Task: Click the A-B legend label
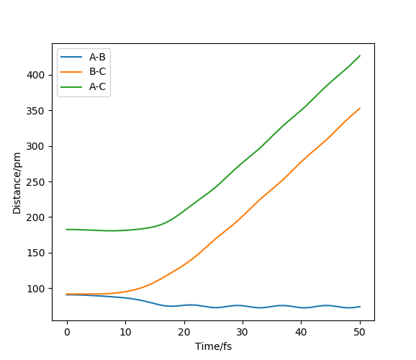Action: [x=97, y=57]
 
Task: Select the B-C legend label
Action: [x=97, y=71]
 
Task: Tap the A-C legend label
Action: [x=97, y=86]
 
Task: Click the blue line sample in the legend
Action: [x=71, y=57]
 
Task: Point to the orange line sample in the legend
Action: [x=71, y=72]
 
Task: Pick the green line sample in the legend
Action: [x=71, y=86]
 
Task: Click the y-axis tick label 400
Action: [x=35, y=75]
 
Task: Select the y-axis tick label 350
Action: [x=35, y=111]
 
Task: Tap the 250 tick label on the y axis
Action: [x=35, y=182]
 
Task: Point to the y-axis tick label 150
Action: [x=35, y=253]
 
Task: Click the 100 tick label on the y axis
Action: [x=35, y=289]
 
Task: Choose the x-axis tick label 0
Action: [x=67, y=332]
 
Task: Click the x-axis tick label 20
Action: [x=184, y=332]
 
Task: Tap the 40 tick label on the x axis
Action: [x=301, y=332]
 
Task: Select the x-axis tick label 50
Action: [x=359, y=332]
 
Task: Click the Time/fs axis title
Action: [x=213, y=346]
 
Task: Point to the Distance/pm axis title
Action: [x=17, y=183]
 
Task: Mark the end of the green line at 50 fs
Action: [x=360, y=55]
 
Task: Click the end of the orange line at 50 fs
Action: [x=360, y=108]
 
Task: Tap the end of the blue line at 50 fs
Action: [x=360, y=307]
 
